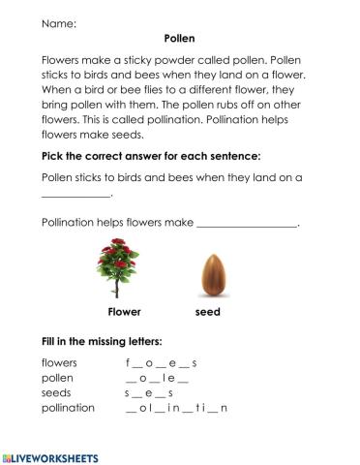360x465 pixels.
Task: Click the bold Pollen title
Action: [181, 39]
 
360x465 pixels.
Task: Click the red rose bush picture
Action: [123, 269]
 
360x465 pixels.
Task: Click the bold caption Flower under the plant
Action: [124, 313]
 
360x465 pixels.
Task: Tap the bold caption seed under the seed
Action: [207, 313]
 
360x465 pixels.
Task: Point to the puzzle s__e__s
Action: [148, 393]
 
